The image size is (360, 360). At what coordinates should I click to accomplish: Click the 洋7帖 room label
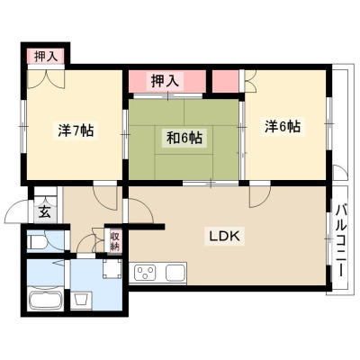point(76,130)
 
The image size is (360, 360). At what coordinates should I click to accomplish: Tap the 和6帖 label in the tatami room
point(184,138)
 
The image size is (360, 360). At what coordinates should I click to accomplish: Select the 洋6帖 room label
point(283,127)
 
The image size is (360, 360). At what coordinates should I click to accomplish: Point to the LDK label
point(224,237)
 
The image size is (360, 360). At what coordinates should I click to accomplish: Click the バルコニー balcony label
point(340,240)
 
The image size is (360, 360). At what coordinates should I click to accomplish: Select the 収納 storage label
point(115,241)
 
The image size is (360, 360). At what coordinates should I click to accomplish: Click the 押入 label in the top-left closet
point(46,57)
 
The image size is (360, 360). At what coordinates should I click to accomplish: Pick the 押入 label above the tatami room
point(165,81)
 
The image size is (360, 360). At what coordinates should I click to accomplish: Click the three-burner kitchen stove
point(146,273)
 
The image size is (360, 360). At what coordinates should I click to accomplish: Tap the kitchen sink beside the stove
point(175,273)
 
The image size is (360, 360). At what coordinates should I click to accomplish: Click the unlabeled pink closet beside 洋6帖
point(226,82)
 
